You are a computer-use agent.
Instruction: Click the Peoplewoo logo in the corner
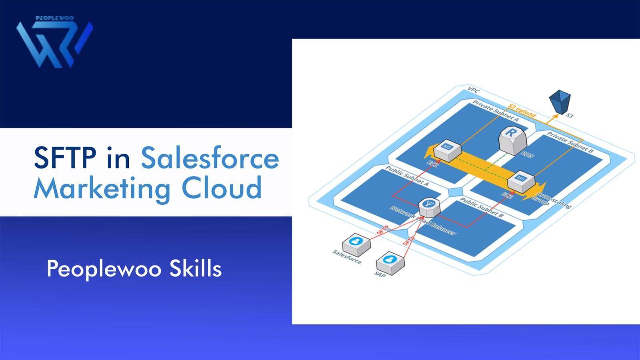click(54, 42)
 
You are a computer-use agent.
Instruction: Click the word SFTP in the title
click(64, 158)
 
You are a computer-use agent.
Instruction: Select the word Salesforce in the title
click(210, 158)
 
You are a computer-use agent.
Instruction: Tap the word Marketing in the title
click(102, 188)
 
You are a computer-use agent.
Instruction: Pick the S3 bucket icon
click(560, 102)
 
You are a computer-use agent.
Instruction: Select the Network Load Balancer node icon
click(429, 206)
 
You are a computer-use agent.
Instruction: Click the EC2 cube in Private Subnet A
click(448, 150)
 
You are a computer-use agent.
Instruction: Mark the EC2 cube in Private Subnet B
click(521, 180)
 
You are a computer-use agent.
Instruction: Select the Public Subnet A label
click(407, 176)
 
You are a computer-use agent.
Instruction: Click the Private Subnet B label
click(570, 142)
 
